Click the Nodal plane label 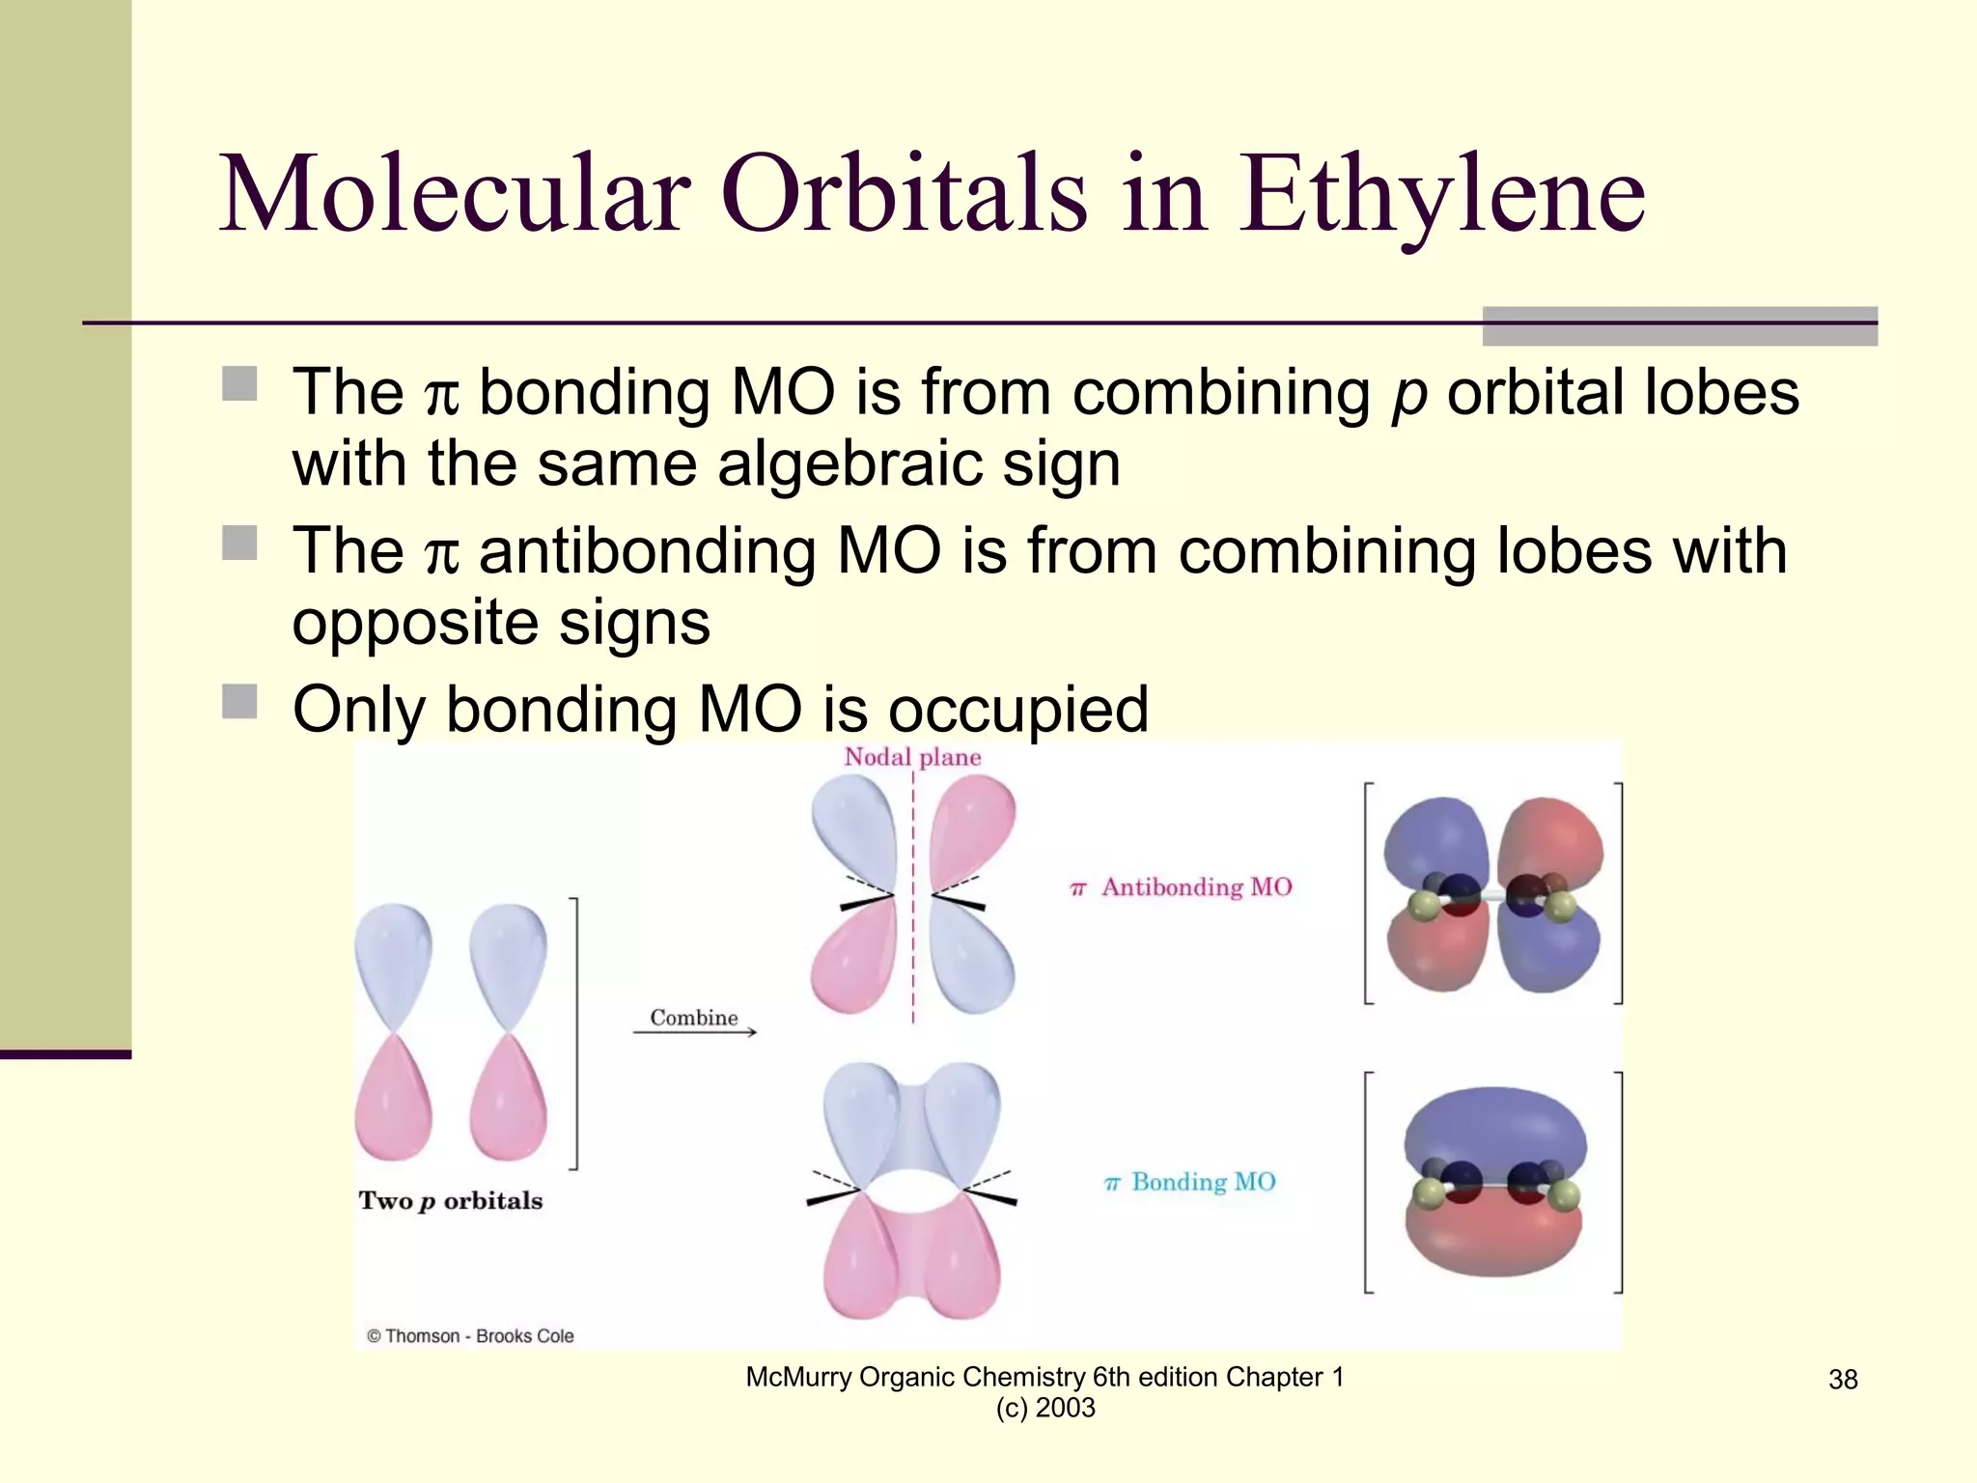(912, 757)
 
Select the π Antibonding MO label (1182, 886)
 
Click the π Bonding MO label (1190, 1182)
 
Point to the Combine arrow (695, 1032)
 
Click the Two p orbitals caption (451, 1200)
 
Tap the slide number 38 (1842, 1380)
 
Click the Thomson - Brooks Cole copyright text (470, 1336)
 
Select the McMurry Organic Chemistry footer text (1044, 1378)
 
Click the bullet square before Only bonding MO (239, 702)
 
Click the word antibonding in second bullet (647, 551)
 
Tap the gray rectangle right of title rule (1679, 326)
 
